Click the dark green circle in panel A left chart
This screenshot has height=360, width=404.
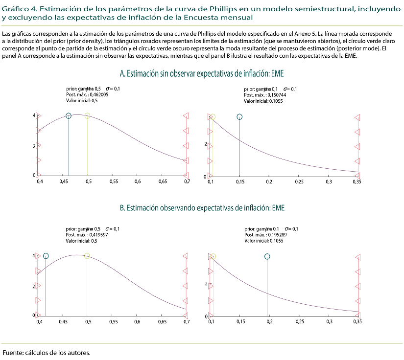[69, 115]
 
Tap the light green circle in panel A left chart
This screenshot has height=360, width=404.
[87, 115]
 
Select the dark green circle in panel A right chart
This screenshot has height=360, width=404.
[239, 116]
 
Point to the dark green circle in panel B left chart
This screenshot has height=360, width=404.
[46, 256]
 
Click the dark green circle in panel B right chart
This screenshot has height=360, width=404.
[267, 256]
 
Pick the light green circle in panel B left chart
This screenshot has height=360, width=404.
[87, 256]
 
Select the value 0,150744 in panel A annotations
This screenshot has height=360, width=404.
[277, 95]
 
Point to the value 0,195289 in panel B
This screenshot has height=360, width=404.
[277, 235]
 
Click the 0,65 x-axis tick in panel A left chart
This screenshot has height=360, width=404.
[163, 181]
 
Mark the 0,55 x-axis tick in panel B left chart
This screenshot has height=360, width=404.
[113, 322]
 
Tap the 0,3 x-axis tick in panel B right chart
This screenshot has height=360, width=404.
[329, 322]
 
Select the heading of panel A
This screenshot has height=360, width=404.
[202, 73]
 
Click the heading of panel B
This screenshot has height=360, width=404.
[202, 208]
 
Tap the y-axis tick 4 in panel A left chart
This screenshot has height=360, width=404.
[34, 115]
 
